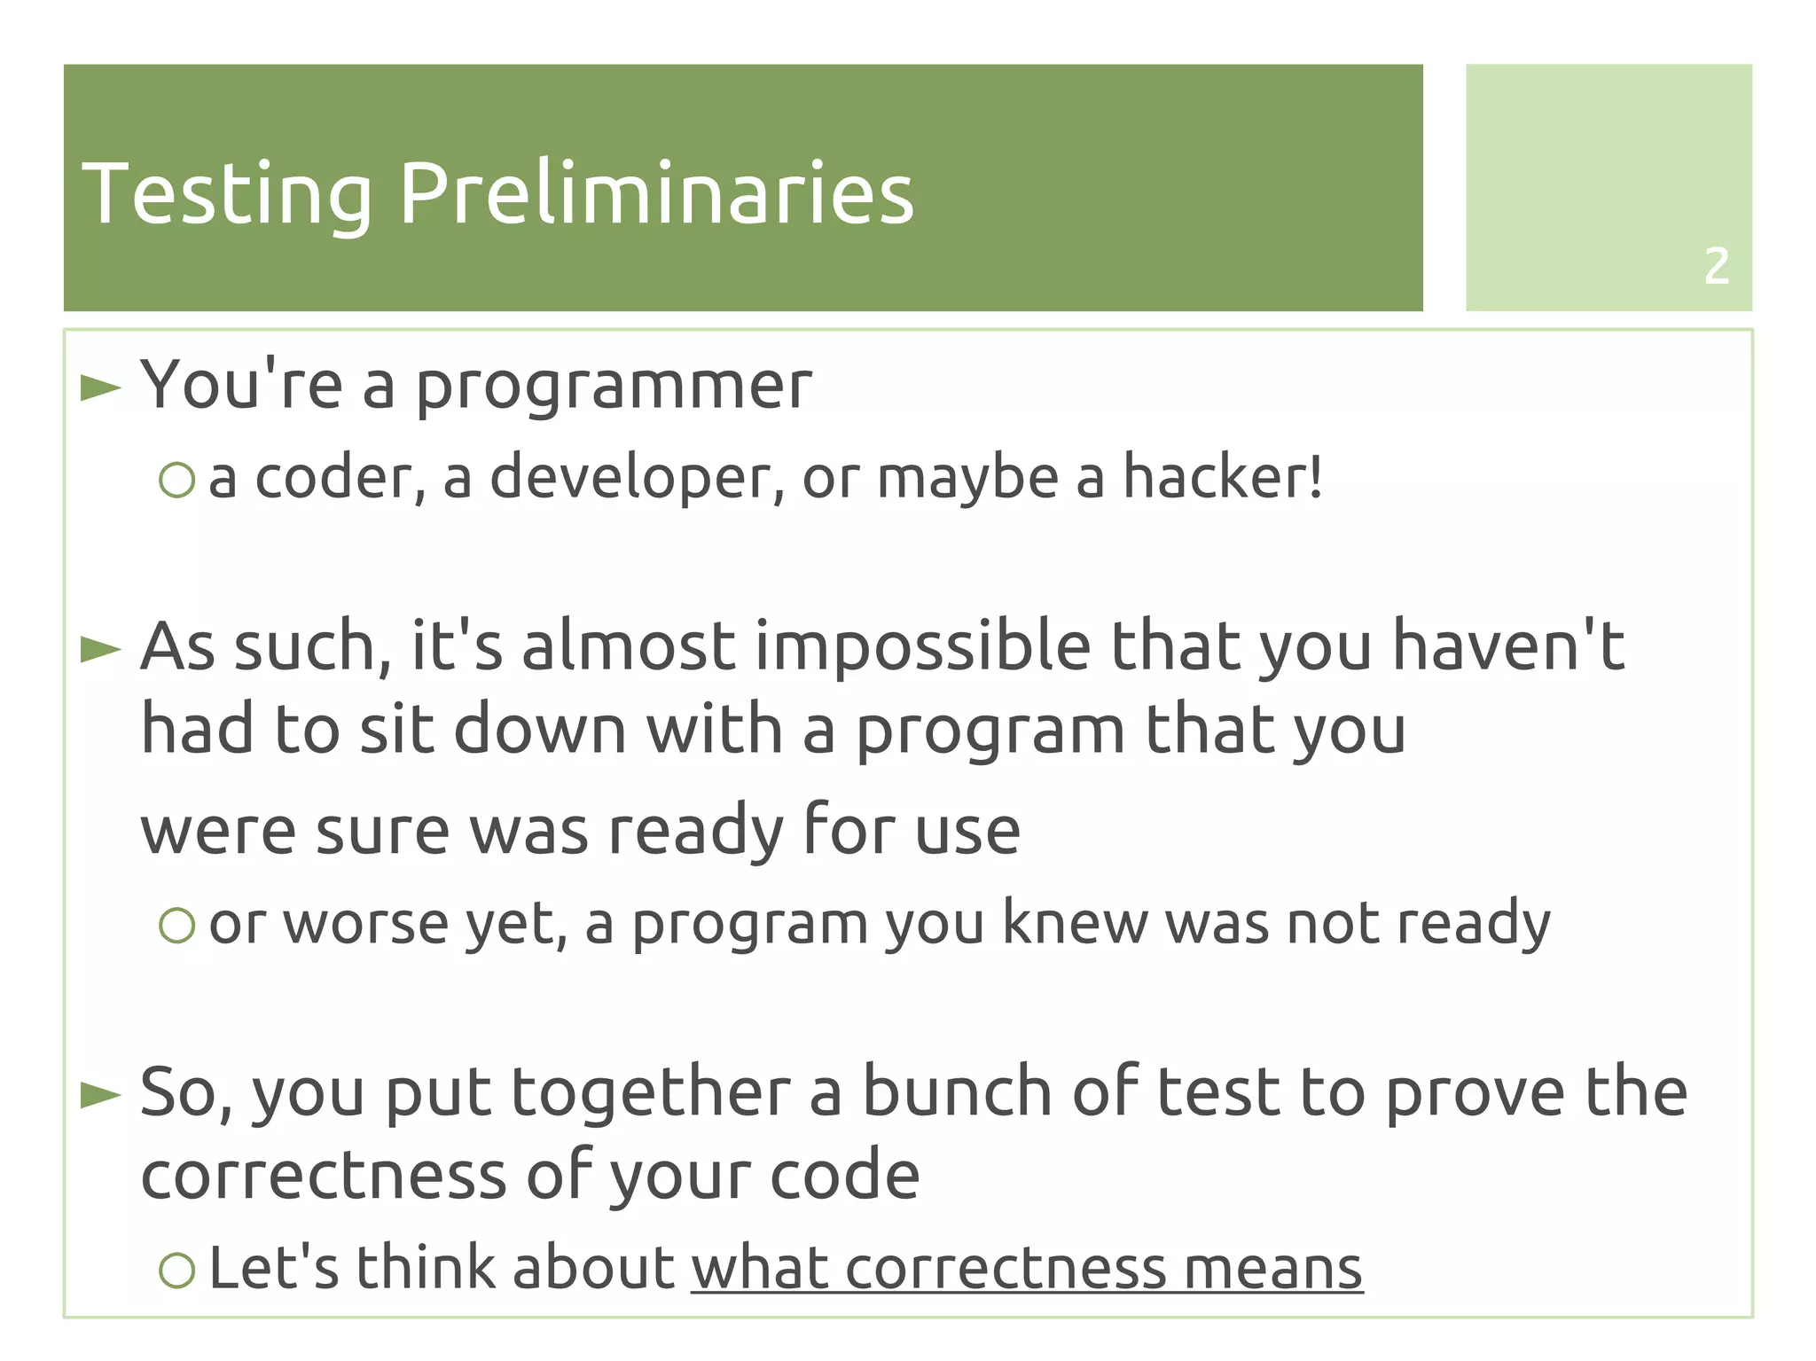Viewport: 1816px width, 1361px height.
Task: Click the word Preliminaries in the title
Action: point(656,193)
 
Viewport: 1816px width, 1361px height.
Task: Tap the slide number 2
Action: point(1716,266)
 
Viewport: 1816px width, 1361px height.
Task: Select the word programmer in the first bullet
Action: point(614,387)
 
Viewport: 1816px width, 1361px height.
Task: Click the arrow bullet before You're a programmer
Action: point(100,387)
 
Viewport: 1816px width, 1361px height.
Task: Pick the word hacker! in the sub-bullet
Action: point(1223,477)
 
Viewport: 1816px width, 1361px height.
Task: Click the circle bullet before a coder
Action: point(176,480)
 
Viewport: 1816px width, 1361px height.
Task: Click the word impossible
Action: point(922,647)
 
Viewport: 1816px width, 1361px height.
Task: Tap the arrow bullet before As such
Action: point(100,649)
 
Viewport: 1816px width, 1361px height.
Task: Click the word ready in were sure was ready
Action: point(696,832)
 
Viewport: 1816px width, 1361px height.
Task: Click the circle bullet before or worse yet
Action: point(176,926)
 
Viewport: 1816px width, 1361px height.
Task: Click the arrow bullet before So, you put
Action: point(100,1095)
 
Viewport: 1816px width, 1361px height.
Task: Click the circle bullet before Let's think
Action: point(176,1270)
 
